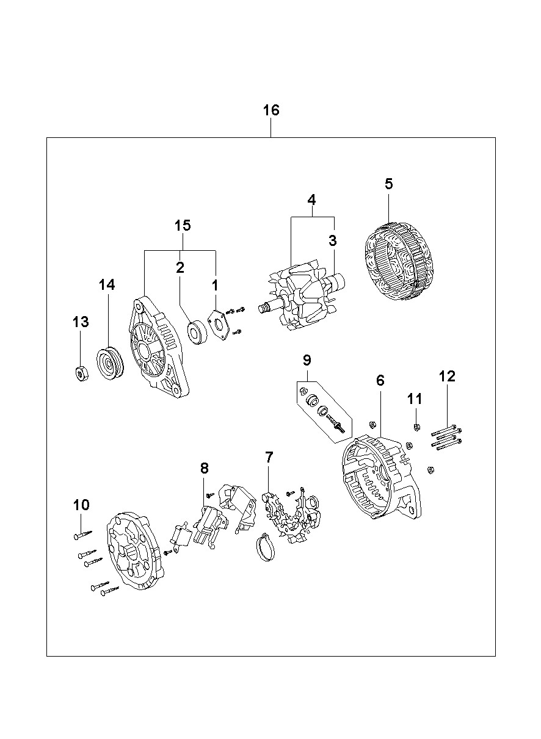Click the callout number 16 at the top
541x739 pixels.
pos(271,110)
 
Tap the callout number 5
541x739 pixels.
pos(389,184)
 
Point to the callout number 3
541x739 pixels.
pos(333,240)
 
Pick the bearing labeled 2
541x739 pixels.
pos(197,332)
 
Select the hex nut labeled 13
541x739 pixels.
pos(81,373)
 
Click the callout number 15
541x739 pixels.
pos(183,226)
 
